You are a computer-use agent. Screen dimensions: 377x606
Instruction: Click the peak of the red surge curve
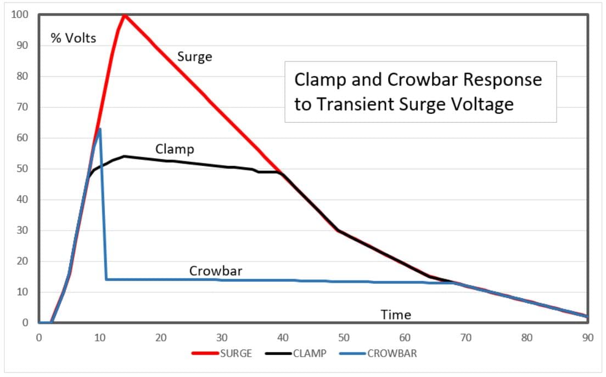coord(125,15)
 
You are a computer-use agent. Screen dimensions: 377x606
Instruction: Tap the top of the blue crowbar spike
coord(100,129)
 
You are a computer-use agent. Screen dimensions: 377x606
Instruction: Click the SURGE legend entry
coord(222,353)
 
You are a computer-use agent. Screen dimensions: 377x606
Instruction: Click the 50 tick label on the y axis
coord(22,169)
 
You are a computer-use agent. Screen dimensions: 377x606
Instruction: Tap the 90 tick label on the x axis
coord(587,338)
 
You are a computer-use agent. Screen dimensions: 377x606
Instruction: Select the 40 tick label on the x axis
coord(283,338)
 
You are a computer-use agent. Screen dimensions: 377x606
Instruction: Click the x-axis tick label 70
coord(465,338)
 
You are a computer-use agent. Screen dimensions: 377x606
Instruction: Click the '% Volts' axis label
coord(73,38)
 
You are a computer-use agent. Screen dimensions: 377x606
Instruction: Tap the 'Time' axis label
coord(396,315)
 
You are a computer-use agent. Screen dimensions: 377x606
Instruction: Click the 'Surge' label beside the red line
coord(194,56)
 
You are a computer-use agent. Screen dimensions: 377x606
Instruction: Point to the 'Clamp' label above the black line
coord(175,148)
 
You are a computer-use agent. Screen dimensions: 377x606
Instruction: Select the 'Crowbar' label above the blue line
coord(216,271)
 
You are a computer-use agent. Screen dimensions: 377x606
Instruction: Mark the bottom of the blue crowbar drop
coord(106,279)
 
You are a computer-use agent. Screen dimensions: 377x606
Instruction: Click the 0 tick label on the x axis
coord(39,338)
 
